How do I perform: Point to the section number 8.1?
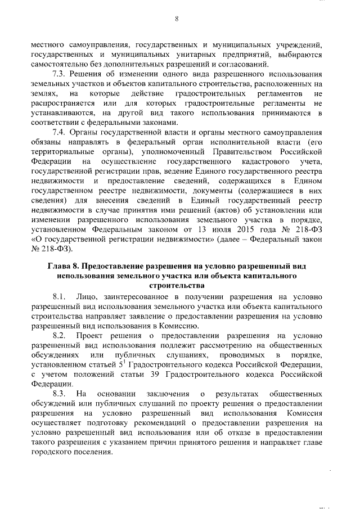pos(60,295)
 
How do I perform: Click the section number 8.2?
pos(60,335)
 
